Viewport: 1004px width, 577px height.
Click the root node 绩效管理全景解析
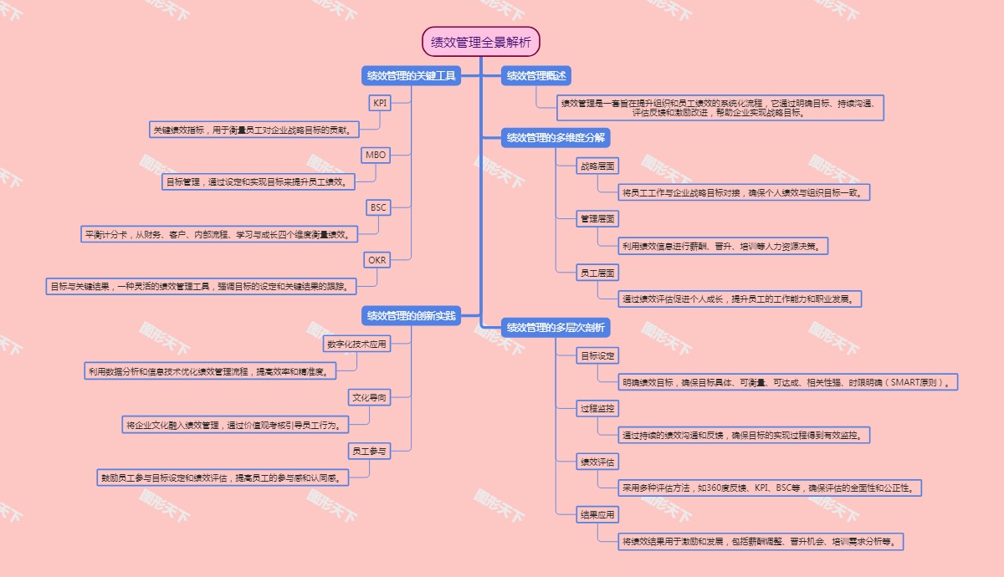481,41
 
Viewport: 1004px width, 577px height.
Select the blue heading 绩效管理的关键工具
411,76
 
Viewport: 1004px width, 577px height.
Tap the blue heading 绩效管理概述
536,76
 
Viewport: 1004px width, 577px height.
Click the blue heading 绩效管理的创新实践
411,316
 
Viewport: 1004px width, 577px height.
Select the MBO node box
376,155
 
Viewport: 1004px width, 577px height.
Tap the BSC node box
378,207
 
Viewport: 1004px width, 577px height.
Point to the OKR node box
377,260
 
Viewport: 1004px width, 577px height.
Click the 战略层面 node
598,166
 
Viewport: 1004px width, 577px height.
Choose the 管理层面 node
598,219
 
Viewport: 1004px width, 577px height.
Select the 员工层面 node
598,273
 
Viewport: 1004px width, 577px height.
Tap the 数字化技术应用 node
356,344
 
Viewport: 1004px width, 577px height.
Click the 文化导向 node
369,397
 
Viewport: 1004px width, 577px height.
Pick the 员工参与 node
369,451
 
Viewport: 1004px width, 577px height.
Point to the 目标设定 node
598,355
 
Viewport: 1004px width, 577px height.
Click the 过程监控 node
598,409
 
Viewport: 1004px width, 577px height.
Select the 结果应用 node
598,515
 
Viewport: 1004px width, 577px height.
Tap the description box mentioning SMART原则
787,382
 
